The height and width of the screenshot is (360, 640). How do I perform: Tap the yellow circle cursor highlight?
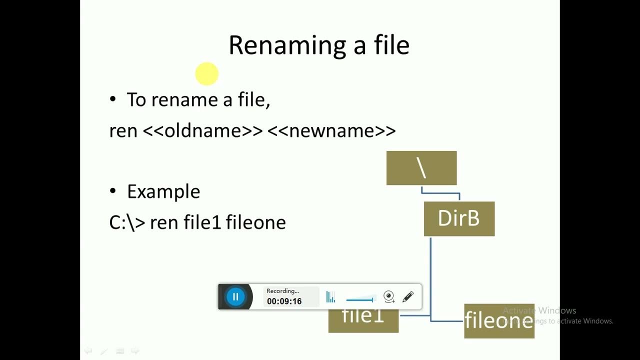(206, 74)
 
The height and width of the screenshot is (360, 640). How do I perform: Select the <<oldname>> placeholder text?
(202, 130)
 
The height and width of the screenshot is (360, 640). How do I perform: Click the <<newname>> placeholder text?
(331, 130)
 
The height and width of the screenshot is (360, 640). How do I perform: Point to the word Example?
(163, 191)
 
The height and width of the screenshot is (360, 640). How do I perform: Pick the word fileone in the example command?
(256, 222)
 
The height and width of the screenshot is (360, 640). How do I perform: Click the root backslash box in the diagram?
(421, 168)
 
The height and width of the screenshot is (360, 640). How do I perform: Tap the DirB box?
(459, 218)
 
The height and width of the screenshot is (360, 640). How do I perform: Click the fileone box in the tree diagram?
(499, 321)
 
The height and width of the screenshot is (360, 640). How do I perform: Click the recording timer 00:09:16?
(284, 301)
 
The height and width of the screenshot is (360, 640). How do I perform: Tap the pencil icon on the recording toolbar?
(407, 297)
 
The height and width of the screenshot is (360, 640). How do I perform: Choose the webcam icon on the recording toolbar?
(389, 297)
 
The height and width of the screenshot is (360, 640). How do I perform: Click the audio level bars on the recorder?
(330, 297)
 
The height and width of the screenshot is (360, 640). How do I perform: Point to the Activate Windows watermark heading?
(539, 310)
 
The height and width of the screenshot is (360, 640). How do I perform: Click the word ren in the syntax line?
(123, 130)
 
